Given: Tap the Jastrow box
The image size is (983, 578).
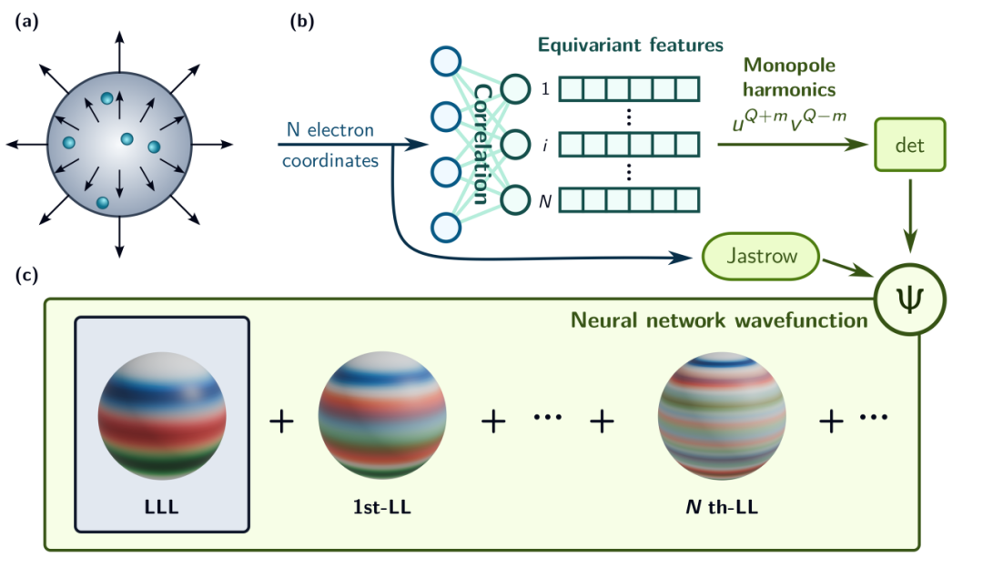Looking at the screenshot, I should pos(762,257).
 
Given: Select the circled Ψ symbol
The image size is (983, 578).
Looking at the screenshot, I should pos(910,299).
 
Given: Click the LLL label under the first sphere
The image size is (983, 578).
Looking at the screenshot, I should pos(161,507).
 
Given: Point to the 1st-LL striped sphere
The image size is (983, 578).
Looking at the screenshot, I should pos(381,416).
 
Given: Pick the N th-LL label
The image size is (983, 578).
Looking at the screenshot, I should pos(721,507).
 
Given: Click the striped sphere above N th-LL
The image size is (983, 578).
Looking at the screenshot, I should pos(722,416).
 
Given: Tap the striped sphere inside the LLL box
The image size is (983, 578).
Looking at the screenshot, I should pos(161,416).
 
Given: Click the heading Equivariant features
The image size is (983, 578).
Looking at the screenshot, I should pos(630,45).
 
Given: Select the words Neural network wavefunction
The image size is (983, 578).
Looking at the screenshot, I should pos(717,320).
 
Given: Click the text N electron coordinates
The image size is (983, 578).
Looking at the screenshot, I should pos(329,145).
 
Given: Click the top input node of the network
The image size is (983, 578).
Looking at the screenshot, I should pos(446,62).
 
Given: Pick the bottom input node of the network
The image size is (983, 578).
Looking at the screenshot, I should pos(446,227).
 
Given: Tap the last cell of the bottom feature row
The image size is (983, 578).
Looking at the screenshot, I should pos(687,199).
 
